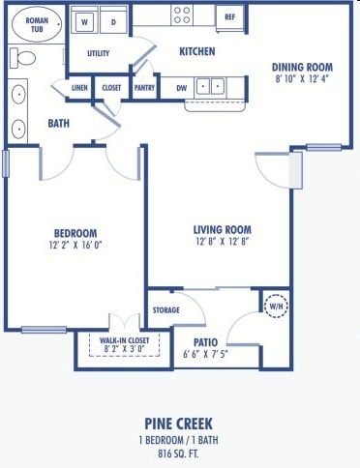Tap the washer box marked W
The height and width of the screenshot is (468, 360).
85,19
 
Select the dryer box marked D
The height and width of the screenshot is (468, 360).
112,19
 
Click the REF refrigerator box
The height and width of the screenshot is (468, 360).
229,16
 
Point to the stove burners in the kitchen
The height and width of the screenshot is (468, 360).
181,14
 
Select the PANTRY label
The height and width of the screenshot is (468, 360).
144,87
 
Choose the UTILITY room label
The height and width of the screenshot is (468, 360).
98,53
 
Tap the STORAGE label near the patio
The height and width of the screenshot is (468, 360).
166,310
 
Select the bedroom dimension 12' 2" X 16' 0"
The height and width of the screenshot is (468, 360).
75,246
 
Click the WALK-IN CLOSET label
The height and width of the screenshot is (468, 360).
122,340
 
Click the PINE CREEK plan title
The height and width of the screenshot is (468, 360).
178,423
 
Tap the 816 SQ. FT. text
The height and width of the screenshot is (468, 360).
178,450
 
